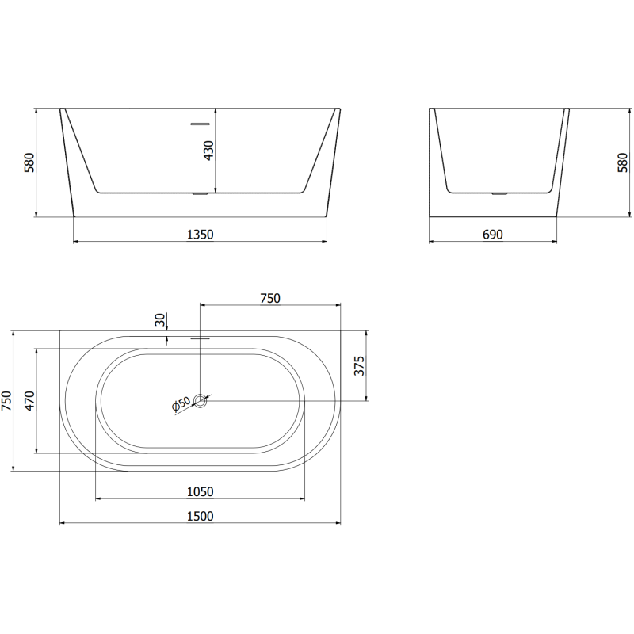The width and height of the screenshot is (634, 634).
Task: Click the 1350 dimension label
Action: click(200, 234)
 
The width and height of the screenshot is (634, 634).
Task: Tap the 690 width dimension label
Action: click(492, 234)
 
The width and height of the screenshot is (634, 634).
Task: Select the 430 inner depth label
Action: click(209, 151)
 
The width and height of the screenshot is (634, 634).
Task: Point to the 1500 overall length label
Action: click(200, 516)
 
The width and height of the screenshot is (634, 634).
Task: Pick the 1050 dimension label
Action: click(200, 491)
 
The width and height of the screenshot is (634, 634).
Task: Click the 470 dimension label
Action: click(30, 401)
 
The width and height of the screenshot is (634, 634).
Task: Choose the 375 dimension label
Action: click(358, 366)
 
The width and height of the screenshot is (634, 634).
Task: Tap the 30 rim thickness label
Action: click(161, 319)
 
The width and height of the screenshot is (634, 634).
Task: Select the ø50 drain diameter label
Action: click(181, 405)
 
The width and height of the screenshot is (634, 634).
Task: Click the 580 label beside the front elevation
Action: click(30, 162)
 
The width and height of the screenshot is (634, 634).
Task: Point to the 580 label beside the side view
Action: click(622, 162)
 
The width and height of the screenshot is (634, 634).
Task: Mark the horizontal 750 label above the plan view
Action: click(270, 298)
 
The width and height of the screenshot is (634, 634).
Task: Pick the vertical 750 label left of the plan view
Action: click(6, 401)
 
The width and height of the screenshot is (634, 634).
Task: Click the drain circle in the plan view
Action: click(201, 401)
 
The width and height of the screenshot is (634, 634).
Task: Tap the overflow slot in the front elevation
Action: click(198, 124)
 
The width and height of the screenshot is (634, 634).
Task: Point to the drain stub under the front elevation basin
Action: click(199, 193)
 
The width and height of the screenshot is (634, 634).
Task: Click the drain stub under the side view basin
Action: click(498, 193)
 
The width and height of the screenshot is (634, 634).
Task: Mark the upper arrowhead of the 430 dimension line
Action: click(216, 111)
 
